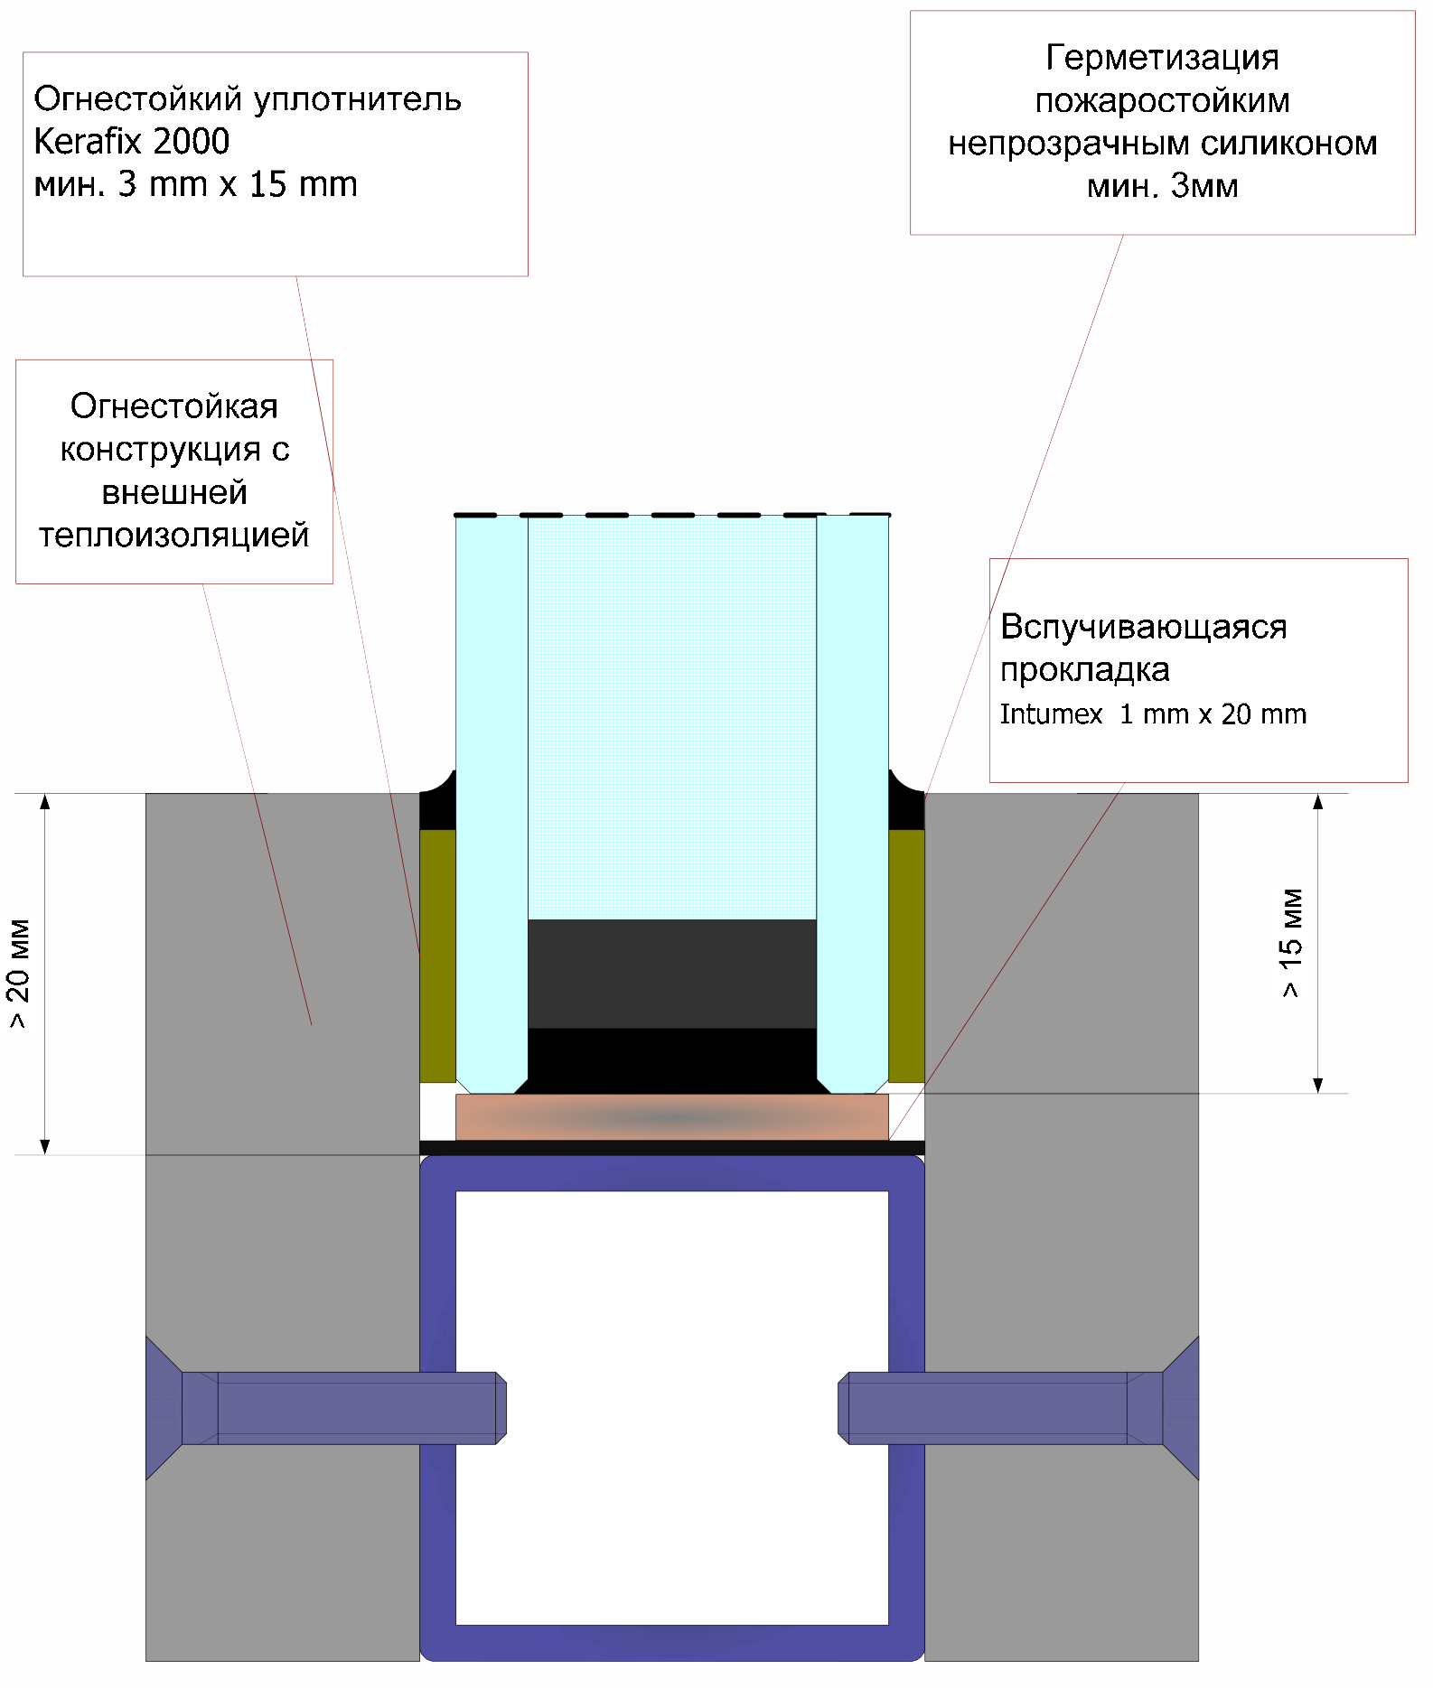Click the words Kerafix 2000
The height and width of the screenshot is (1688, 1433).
(132, 141)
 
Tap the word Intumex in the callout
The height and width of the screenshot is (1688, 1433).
(1051, 714)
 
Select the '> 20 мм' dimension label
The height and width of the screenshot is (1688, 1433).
(19, 974)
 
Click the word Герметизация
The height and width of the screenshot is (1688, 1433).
(1162, 58)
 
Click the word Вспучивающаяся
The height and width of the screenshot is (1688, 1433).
(1144, 627)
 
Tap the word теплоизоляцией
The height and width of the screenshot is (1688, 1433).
(174, 536)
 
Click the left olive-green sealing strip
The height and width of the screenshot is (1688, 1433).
(438, 956)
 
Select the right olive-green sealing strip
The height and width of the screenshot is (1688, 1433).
(906, 956)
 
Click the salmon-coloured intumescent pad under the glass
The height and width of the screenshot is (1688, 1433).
(671, 1117)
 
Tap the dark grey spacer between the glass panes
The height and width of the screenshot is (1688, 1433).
(671, 974)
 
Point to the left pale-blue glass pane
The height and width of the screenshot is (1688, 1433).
(492, 804)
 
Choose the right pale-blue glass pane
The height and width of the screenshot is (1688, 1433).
(852, 804)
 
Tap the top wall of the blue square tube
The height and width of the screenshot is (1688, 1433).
(671, 1173)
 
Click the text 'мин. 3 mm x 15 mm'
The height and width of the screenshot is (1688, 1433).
(196, 184)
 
